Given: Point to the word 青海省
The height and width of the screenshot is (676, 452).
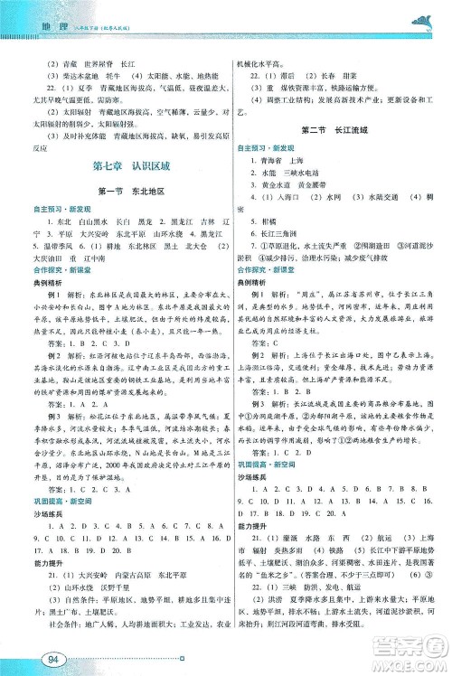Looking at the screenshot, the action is pyautogui.click(x=272, y=157).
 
